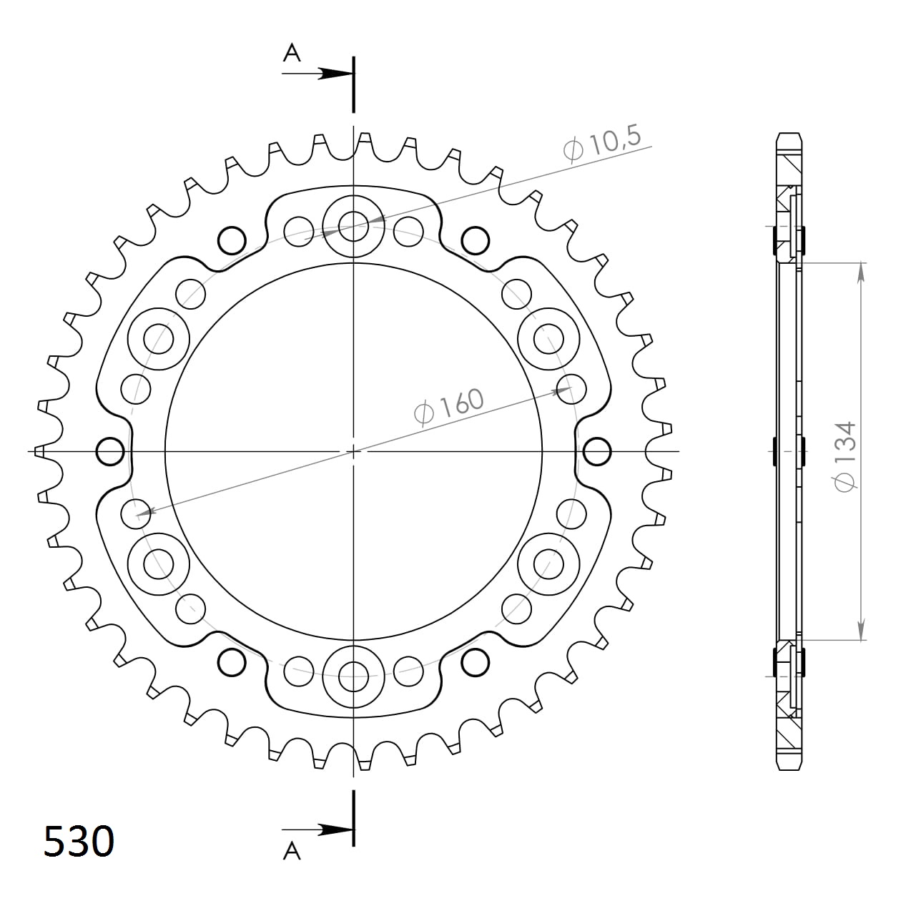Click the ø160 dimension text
(449, 408)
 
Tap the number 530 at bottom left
(79, 841)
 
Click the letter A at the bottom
(292, 850)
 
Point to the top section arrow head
(336, 73)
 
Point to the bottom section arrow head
(336, 829)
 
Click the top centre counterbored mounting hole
(353, 227)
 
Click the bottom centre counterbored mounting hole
(353, 673)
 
